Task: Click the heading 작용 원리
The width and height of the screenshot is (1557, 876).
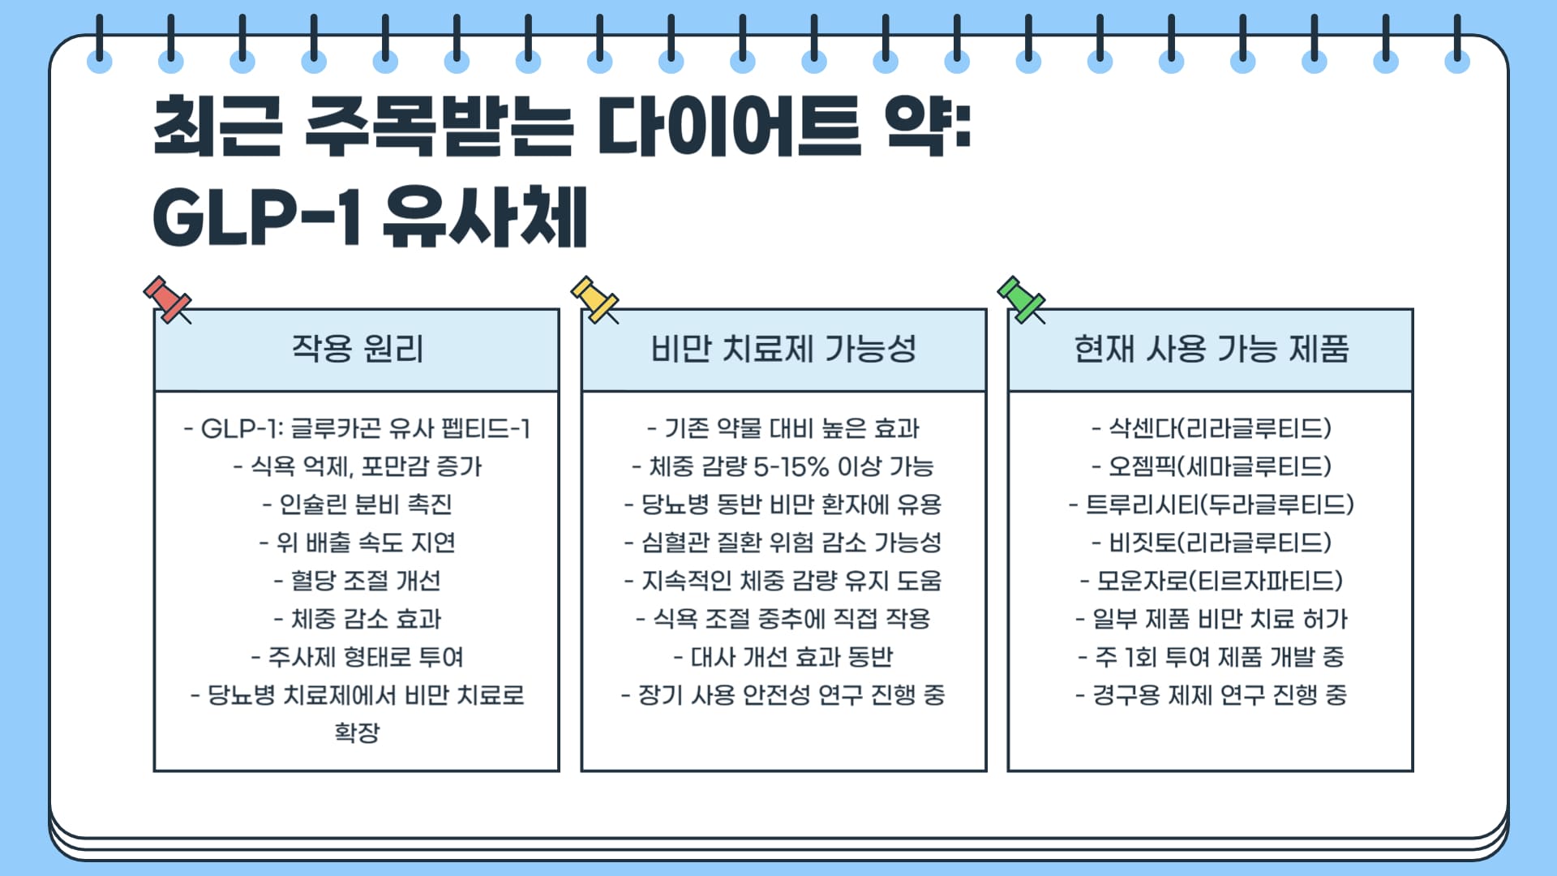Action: tap(357, 349)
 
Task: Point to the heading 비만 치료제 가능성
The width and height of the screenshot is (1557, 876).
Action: tap(783, 349)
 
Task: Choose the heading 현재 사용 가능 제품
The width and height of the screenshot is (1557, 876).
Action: tap(1211, 349)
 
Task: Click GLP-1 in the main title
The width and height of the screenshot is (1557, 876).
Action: tap(256, 217)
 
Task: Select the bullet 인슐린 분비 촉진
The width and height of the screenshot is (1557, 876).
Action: tap(357, 505)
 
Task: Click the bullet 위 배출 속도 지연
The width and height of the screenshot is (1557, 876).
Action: tap(357, 543)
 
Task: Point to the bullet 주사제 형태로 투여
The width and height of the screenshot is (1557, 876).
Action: tap(357, 657)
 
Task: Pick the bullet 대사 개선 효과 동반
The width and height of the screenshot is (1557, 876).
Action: tap(783, 657)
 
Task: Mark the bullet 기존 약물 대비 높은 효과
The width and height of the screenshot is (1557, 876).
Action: tap(783, 428)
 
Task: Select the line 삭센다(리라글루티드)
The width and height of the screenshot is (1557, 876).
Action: tap(1212, 428)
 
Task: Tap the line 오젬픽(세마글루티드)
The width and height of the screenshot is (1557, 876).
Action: tap(1212, 466)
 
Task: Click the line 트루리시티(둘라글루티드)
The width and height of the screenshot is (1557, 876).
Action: tap(1212, 505)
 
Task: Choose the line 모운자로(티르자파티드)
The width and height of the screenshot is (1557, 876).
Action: tap(1212, 581)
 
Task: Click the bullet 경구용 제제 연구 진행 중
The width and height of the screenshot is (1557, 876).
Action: tap(1212, 695)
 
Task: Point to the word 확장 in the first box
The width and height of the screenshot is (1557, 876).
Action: tap(357, 732)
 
